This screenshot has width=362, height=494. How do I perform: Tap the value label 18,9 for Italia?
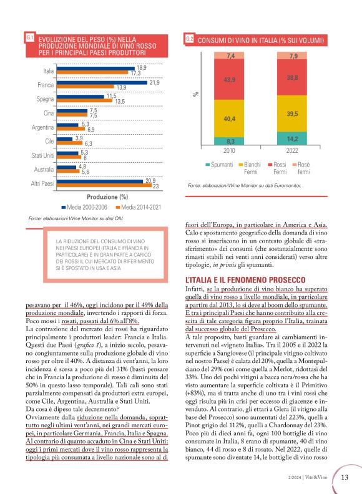(x=142, y=67)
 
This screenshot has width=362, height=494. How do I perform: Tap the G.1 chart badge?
(x=30, y=39)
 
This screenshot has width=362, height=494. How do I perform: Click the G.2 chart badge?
(x=190, y=40)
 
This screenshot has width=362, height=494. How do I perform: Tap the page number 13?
(x=345, y=478)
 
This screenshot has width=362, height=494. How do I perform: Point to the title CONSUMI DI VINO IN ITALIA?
(x=261, y=41)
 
